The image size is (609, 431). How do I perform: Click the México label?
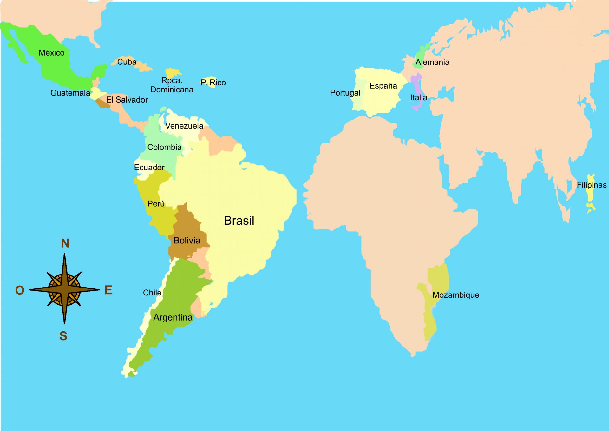tap(51, 53)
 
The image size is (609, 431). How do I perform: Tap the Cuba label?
tap(127, 62)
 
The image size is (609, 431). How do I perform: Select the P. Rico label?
tap(213, 83)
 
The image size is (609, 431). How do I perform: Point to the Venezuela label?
tap(184, 126)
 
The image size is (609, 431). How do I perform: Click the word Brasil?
tap(239, 221)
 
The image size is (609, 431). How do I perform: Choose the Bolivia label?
tap(187, 241)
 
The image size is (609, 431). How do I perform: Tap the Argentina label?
tap(173, 317)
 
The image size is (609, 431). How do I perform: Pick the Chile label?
tap(152, 293)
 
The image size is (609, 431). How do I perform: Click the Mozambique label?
tap(455, 295)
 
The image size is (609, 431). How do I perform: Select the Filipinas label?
tap(592, 185)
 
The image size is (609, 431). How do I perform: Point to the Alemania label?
tap(432, 62)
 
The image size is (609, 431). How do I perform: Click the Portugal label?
tap(345, 93)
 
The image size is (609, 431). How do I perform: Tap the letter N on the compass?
tap(65, 243)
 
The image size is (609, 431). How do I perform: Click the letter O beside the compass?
tap(20, 290)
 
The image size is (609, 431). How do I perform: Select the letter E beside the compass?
tap(108, 290)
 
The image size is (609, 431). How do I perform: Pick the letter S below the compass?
tap(63, 336)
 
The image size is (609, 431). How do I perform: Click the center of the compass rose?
tap(64, 289)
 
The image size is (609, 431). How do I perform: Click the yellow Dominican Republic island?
tap(173, 72)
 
